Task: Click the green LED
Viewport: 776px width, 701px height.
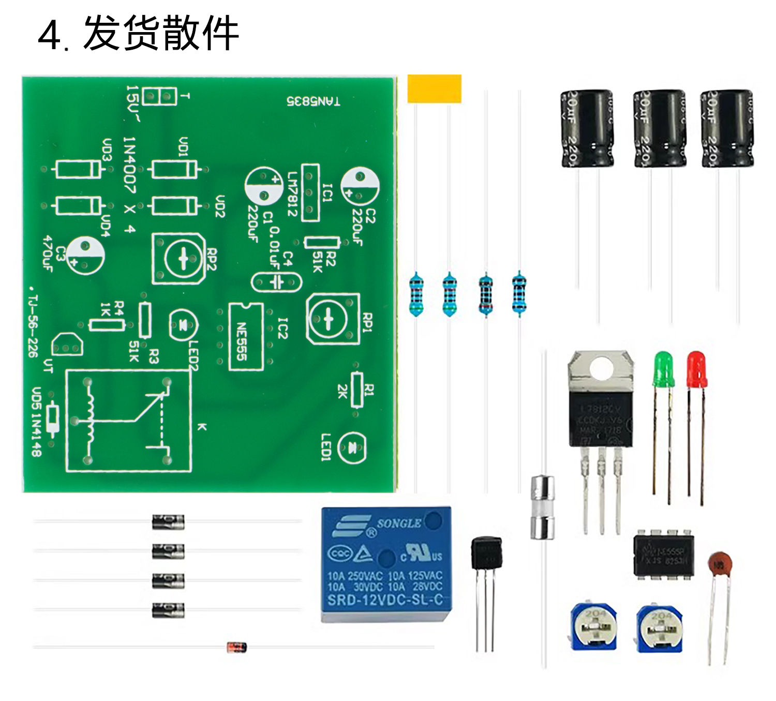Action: (x=663, y=368)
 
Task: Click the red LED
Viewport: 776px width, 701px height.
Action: (x=697, y=368)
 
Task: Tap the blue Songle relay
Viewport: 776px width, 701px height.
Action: (x=386, y=564)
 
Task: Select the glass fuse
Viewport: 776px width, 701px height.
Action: (x=543, y=508)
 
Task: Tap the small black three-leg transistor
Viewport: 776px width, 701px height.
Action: (x=486, y=554)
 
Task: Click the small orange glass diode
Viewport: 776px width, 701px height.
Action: (x=236, y=647)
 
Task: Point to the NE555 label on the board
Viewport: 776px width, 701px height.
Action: (x=242, y=342)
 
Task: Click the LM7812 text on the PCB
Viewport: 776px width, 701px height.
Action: (x=293, y=194)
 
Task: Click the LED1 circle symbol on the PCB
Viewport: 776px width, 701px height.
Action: (x=352, y=448)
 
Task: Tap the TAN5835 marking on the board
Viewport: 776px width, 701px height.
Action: (x=314, y=101)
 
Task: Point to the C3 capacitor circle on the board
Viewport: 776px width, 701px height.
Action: (x=85, y=256)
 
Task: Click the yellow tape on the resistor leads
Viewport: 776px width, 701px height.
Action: (x=434, y=88)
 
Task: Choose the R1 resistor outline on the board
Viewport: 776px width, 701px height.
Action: (x=356, y=390)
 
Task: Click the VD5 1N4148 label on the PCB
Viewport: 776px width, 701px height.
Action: (x=36, y=422)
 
